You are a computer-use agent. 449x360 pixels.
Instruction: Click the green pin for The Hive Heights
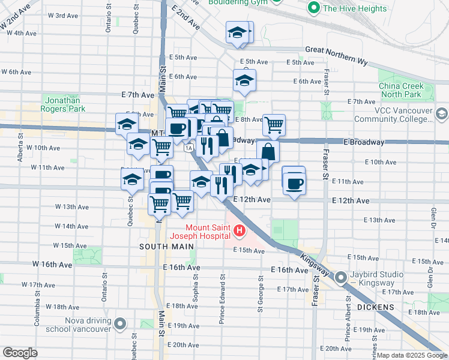313,8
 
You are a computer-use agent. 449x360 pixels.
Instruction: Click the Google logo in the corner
19,353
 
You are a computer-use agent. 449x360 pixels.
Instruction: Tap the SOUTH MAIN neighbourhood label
167,247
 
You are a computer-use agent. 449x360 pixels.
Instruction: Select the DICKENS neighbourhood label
374,307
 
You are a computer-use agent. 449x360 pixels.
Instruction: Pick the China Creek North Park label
400,90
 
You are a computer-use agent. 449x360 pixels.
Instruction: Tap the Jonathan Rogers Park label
63,105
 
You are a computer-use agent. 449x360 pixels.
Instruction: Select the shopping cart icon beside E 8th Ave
274,124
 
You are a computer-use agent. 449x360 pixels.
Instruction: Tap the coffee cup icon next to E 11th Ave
294,183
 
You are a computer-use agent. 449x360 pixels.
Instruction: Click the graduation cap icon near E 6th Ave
244,80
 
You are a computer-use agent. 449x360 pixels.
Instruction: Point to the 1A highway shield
189,148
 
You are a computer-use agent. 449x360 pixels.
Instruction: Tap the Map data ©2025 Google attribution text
412,355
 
